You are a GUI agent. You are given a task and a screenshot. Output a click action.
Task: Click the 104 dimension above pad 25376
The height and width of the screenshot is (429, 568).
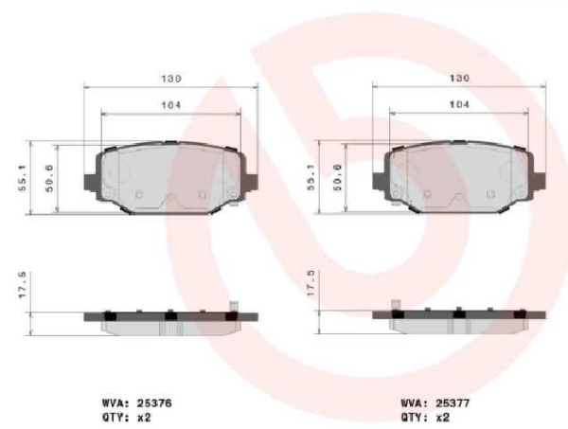[170, 104]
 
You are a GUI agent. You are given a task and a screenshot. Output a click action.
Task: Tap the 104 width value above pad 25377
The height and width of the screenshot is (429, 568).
[459, 104]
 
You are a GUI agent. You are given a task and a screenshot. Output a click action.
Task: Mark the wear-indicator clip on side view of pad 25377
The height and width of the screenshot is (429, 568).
[396, 307]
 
